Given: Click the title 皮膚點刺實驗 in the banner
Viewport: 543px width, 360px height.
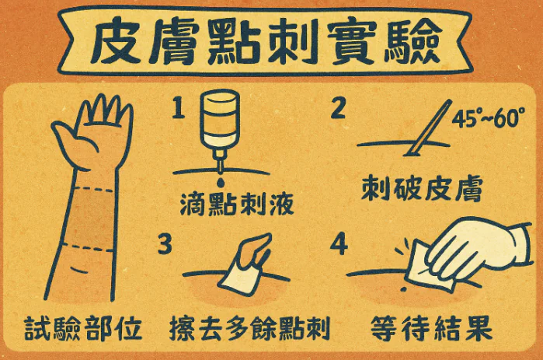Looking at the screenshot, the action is point(266,41).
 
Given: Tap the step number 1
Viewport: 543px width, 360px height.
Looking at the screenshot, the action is point(179,107).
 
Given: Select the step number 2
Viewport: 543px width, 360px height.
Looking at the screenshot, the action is point(338,108).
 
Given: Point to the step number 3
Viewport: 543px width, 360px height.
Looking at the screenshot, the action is point(165,243).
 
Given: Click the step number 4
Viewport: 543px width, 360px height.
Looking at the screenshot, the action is point(339,243).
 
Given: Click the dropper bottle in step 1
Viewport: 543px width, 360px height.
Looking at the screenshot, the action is point(220,128).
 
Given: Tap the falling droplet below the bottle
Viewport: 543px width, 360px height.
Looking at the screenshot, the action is point(221,182).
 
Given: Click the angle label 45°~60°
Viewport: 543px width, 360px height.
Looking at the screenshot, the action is point(489,118).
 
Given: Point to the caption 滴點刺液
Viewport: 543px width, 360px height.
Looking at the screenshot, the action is point(237,204).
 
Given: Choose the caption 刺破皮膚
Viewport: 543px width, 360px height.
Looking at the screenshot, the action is point(422,189).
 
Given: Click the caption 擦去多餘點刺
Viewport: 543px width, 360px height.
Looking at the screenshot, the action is point(249,327).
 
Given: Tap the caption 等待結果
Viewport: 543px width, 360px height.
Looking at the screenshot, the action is point(431,328).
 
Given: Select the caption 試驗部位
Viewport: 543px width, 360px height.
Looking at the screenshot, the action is point(83,327).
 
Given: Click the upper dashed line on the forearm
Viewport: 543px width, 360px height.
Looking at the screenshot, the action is point(93,189).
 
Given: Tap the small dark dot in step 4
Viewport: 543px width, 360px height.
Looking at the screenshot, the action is point(402,288).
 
